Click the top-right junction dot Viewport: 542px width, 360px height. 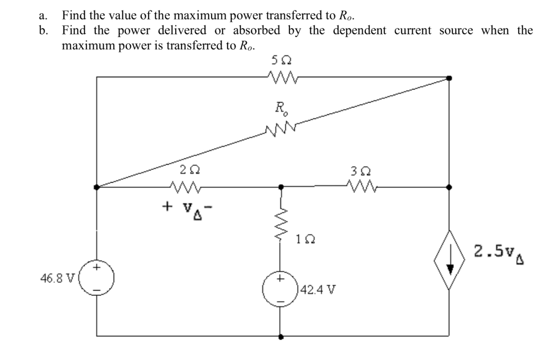[449, 78]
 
